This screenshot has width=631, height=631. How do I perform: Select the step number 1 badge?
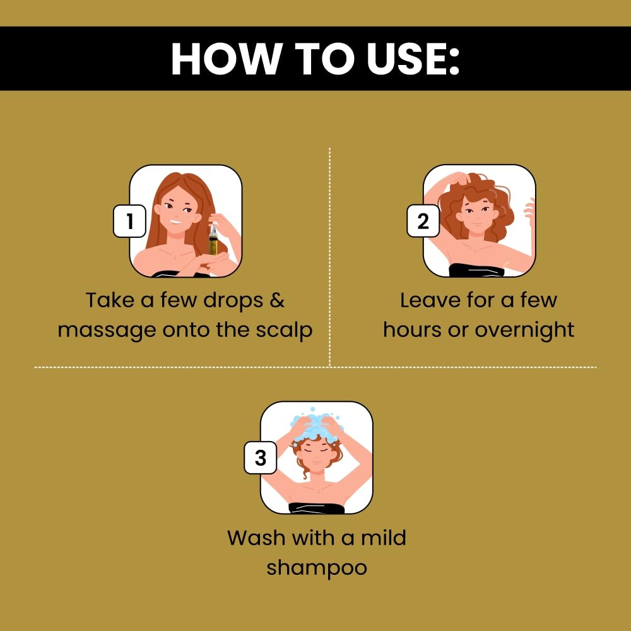pos(129,221)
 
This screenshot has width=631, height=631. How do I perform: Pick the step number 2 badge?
pos(423,221)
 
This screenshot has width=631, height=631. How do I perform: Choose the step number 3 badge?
pos(261,457)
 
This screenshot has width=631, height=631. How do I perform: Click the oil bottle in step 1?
pos(213,240)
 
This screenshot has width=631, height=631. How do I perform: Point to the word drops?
pos(233,301)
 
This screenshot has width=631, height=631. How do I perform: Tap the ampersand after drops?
pos(277,300)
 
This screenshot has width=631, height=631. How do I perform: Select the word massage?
pos(107,331)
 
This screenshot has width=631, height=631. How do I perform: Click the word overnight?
pos(524,331)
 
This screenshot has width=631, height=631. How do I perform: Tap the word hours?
pos(412,330)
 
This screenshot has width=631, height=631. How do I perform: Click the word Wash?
pos(256,538)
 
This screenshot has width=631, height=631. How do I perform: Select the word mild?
pos(383,538)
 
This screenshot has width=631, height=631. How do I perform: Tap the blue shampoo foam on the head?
pos(317,425)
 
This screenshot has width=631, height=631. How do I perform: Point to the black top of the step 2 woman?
pos(476,270)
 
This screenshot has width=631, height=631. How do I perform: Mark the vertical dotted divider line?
pos(329,257)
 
